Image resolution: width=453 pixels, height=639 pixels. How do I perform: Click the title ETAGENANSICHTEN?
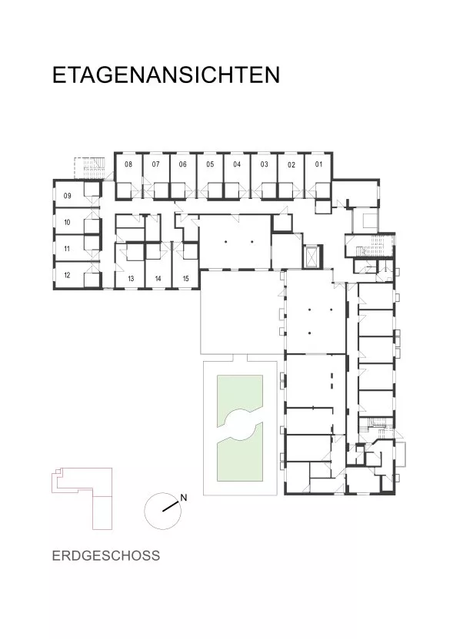(x=166, y=74)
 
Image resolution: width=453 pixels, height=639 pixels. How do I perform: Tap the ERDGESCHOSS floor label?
(x=106, y=556)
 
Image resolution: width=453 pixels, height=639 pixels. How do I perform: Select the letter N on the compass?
(x=184, y=498)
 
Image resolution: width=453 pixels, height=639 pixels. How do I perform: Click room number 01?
(x=318, y=164)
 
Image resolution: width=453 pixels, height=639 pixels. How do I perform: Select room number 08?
(x=128, y=164)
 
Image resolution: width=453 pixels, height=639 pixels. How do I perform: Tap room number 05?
(x=210, y=164)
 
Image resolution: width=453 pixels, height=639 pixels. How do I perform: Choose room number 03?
(x=265, y=164)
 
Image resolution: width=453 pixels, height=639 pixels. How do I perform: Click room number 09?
(x=68, y=196)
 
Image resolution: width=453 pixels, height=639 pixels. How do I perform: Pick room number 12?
(x=68, y=275)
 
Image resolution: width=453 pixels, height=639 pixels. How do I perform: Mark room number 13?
(x=131, y=279)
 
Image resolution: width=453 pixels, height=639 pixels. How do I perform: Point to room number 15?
(x=185, y=279)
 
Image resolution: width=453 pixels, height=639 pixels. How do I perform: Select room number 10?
(x=68, y=222)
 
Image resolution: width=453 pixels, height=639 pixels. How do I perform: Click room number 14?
(x=158, y=279)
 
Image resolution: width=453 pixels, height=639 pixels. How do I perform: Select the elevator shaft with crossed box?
(x=312, y=257)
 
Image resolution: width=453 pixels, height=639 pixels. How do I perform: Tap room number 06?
(x=183, y=164)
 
